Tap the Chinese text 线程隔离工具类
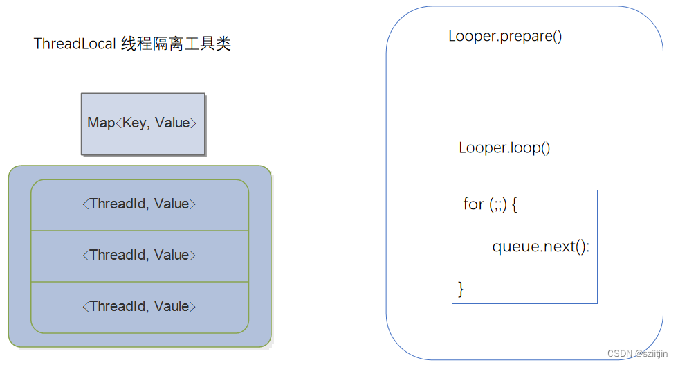[176, 44]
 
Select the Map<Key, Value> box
[143, 123]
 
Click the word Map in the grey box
[100, 123]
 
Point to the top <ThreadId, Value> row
[139, 204]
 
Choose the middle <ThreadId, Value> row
[139, 256]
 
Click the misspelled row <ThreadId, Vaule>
[139, 306]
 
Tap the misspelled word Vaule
[172, 306]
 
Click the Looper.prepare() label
[505, 36]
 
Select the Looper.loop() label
[504, 148]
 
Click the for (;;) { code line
[490, 204]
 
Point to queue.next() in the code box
[540, 247]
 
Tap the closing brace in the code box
[461, 288]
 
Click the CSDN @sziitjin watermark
[639, 354]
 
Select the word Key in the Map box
[134, 123]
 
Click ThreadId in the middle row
[118, 256]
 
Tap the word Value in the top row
[172, 204]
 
